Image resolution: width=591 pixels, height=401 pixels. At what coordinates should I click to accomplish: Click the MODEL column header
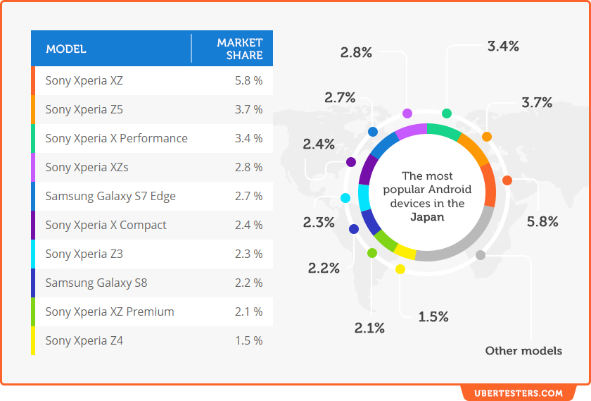66,49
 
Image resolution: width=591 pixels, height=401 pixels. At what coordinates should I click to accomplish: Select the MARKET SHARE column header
240,49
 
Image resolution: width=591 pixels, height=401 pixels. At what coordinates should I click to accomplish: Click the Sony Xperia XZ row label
84,80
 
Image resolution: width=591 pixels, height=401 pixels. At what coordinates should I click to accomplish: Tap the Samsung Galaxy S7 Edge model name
110,196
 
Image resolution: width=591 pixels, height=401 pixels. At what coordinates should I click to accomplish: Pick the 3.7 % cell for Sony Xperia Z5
248,109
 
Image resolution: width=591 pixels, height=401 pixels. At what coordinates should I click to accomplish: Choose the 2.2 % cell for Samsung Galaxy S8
248,283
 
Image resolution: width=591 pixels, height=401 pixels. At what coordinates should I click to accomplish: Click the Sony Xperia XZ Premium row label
110,311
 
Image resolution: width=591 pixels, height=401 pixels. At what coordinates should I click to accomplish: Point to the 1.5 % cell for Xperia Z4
248,340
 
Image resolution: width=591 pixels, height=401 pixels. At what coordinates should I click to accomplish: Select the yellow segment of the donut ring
405,252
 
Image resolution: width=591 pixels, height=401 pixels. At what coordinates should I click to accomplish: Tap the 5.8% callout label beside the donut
542,222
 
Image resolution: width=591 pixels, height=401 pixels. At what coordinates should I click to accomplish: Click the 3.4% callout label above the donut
503,47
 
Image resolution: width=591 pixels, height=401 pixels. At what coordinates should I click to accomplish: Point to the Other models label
523,350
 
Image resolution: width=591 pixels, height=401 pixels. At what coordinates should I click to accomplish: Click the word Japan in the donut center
427,217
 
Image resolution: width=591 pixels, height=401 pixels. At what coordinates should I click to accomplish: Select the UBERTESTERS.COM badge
518,393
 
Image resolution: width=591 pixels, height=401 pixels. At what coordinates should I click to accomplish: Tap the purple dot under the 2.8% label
407,113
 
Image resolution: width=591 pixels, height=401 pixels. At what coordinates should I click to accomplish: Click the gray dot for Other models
481,255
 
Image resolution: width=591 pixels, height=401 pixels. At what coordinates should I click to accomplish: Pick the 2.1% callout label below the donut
369,328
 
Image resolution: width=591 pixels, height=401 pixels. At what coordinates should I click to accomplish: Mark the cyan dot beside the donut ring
345,198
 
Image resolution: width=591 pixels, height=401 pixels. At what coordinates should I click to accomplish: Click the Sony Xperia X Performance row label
116,138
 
